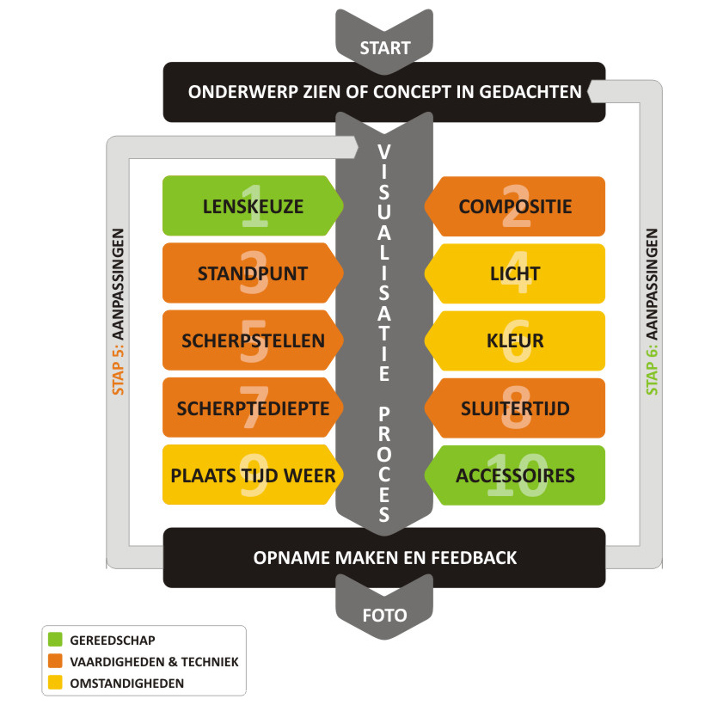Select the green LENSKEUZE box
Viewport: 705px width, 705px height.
248,206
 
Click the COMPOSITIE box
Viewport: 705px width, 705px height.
515,206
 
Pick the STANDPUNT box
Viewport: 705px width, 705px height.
248,273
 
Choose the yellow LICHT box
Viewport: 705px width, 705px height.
515,273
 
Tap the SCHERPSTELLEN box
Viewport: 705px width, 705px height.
248,340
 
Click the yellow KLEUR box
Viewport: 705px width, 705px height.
515,340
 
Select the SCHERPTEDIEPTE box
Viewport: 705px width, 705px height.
248,408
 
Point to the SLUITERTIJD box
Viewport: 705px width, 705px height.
515,408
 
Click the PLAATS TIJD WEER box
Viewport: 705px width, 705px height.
248,475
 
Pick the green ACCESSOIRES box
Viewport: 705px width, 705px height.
515,475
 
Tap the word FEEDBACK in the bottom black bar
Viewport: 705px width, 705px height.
476,558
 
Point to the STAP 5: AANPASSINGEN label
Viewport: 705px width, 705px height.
120,311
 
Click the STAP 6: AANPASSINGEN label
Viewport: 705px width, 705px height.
652,311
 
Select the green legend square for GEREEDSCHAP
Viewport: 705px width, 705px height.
56,640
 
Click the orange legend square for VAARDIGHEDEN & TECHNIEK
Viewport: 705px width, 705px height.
56,661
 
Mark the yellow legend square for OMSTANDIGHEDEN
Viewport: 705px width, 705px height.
56,684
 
